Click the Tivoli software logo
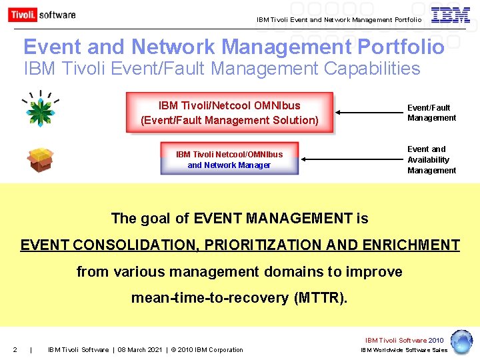42,14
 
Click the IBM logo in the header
451,15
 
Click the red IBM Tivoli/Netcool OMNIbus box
229,113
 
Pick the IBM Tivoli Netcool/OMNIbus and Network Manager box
229,159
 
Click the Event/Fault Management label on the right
431,113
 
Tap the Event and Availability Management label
431,160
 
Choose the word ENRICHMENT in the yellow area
411,245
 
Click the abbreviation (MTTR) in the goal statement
320,298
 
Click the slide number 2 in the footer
15,350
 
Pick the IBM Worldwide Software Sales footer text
404,350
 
